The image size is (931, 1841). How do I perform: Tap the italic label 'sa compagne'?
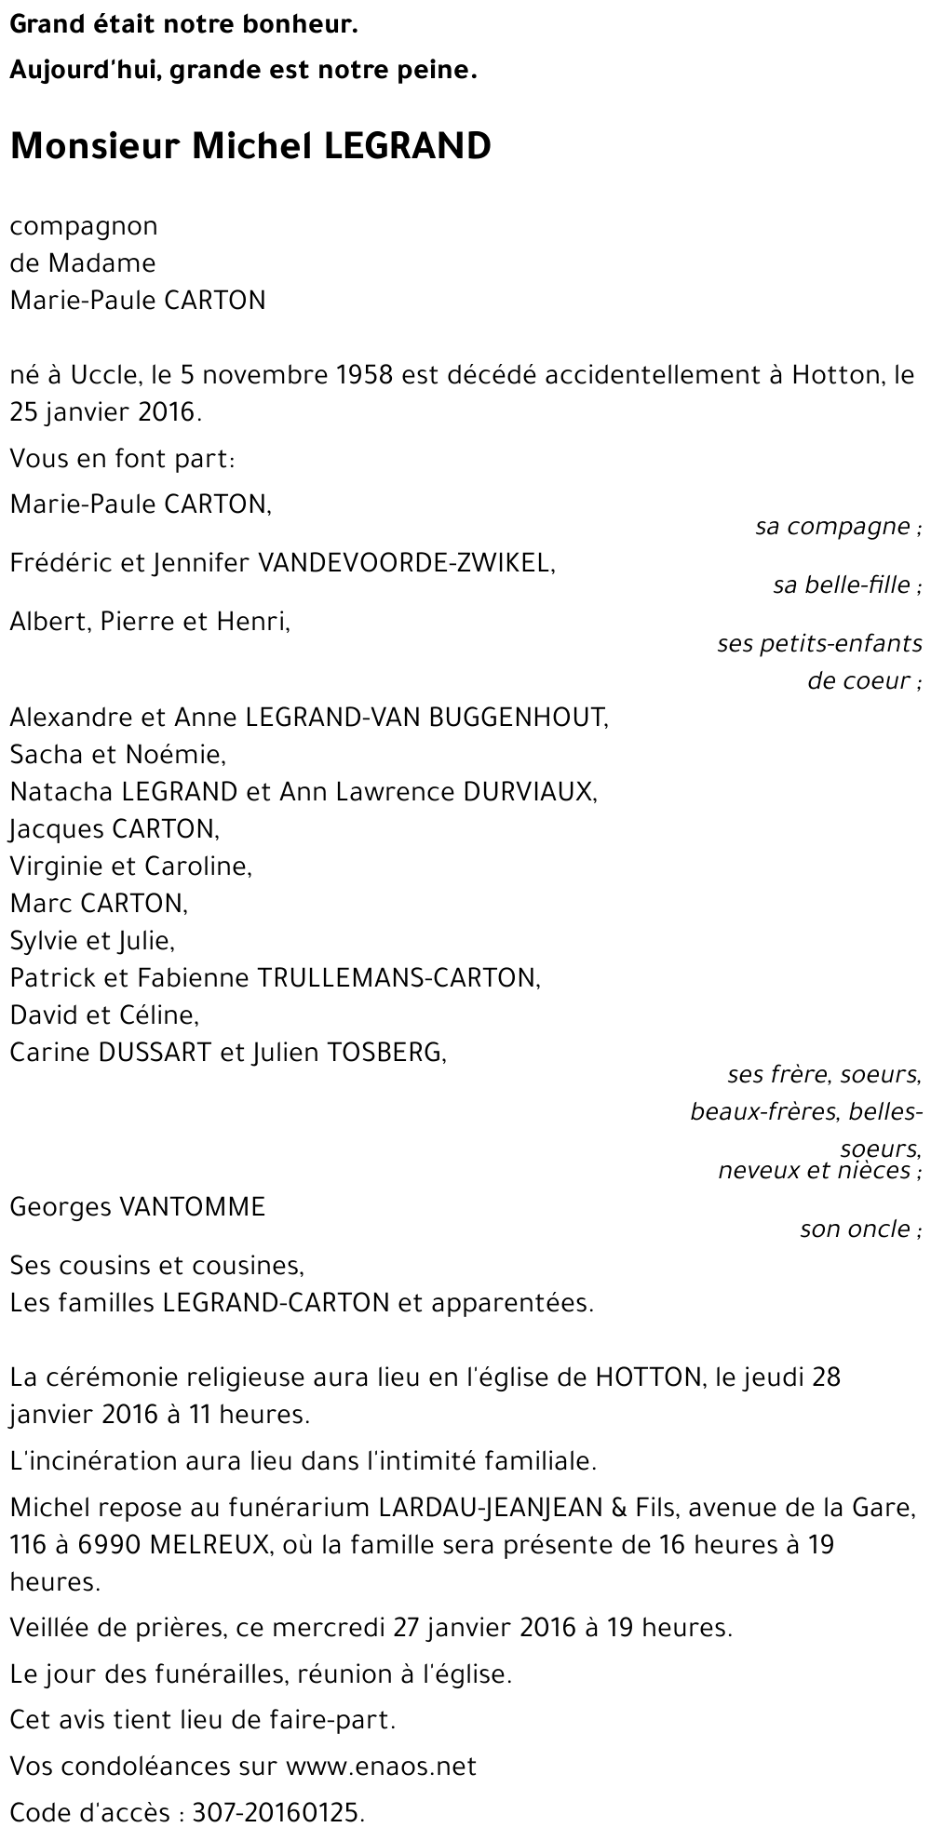coord(832,527)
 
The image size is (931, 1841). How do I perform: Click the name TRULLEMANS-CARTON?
coord(398,978)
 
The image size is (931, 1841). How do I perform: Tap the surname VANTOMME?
coord(192,1208)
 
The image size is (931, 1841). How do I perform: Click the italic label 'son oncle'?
coord(855,1230)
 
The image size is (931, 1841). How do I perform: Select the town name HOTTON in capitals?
coord(648,1377)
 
